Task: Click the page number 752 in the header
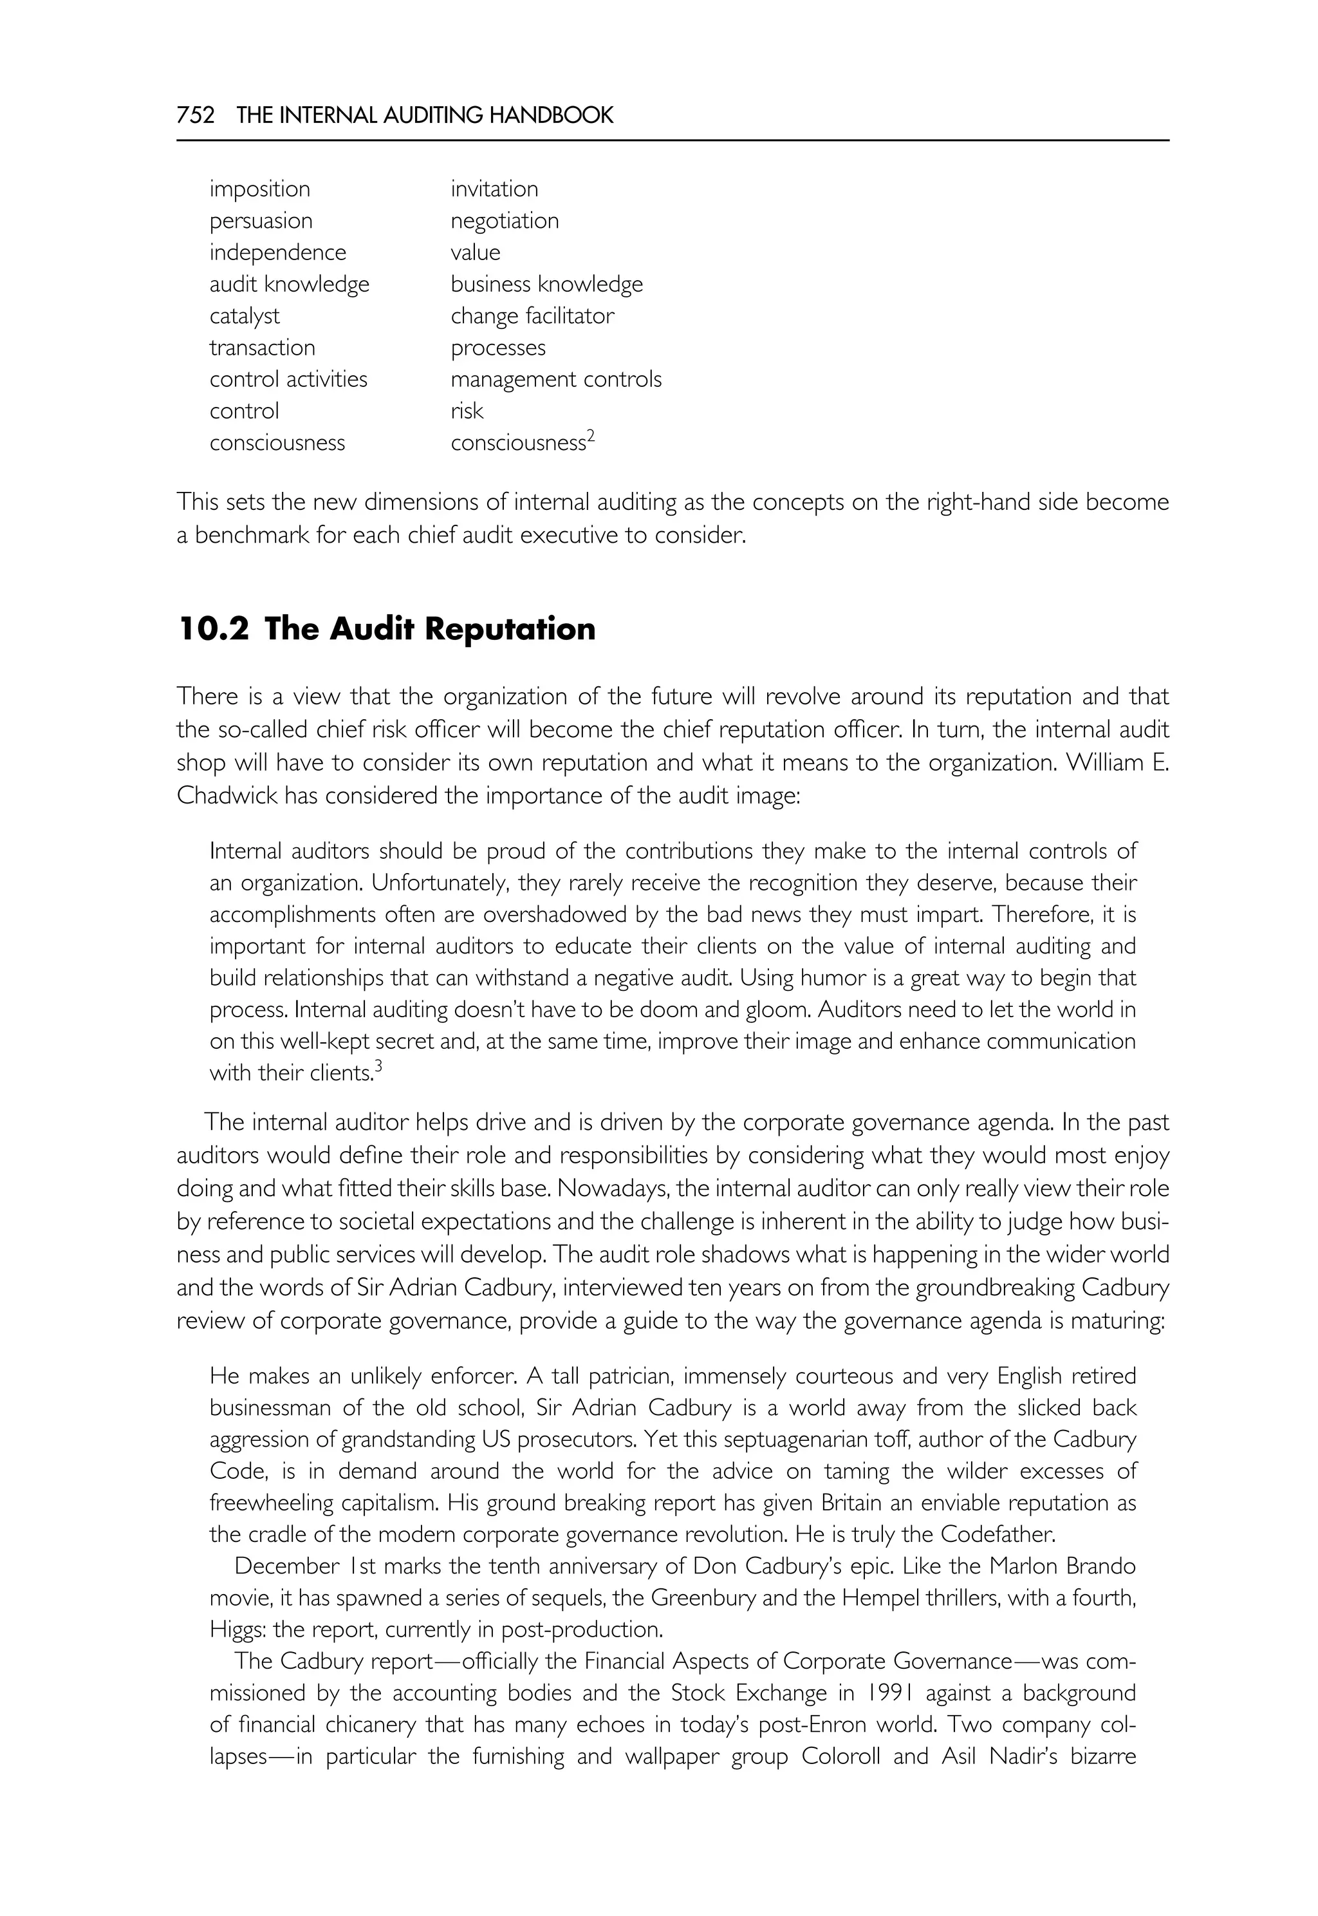[x=196, y=115]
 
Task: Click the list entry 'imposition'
[x=259, y=189]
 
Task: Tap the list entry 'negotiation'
[x=505, y=221]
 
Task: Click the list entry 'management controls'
[x=556, y=379]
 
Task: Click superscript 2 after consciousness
[x=591, y=437]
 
